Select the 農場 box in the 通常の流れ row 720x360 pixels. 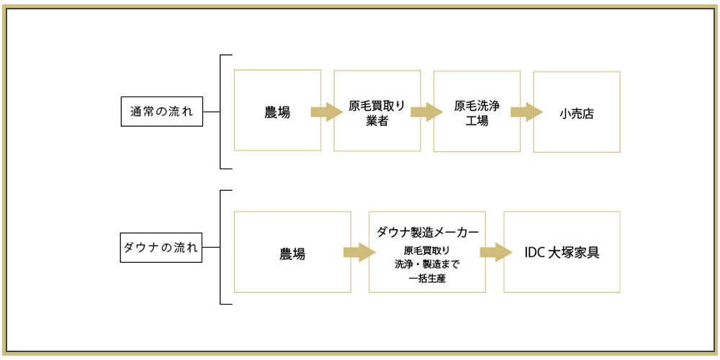pos(277,110)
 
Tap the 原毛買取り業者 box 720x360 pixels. pos(377,110)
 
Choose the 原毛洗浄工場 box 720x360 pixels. pos(477,110)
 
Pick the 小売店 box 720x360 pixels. pos(576,112)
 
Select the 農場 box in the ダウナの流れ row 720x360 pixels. pos(292,251)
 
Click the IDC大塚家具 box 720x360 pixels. pos(562,251)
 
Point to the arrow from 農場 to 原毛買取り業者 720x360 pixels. pos(325,112)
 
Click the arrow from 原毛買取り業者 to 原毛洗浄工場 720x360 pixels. pos(426,112)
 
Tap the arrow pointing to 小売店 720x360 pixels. pos(526,112)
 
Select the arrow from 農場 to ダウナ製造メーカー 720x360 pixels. pos(359,252)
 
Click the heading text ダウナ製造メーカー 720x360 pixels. pos(428,232)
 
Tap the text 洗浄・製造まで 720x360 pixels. pos(427,264)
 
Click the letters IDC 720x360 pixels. pos(535,252)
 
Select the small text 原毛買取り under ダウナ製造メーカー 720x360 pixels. pos(427,250)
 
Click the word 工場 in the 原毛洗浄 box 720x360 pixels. pos(477,120)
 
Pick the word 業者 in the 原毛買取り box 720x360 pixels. pos(377,120)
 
